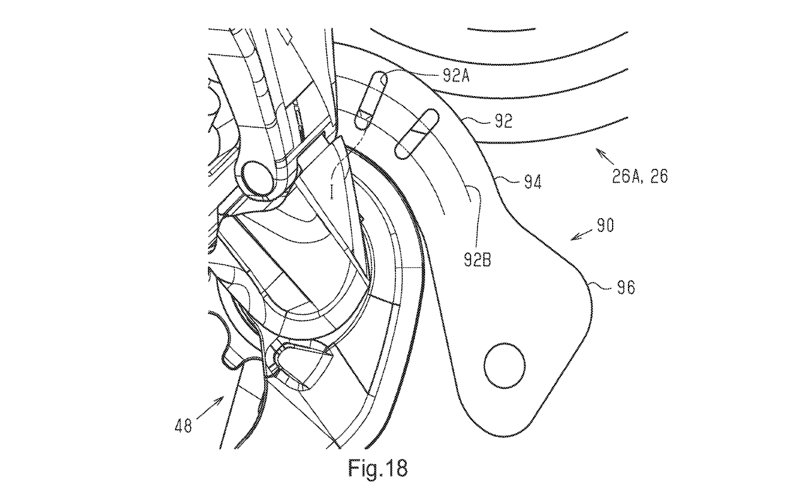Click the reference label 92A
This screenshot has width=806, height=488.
(455, 77)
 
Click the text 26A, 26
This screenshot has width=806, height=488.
(639, 176)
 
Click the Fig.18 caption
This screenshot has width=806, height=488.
(378, 468)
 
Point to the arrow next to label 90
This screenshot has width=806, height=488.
(580, 235)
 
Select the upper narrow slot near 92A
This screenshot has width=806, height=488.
(369, 97)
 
